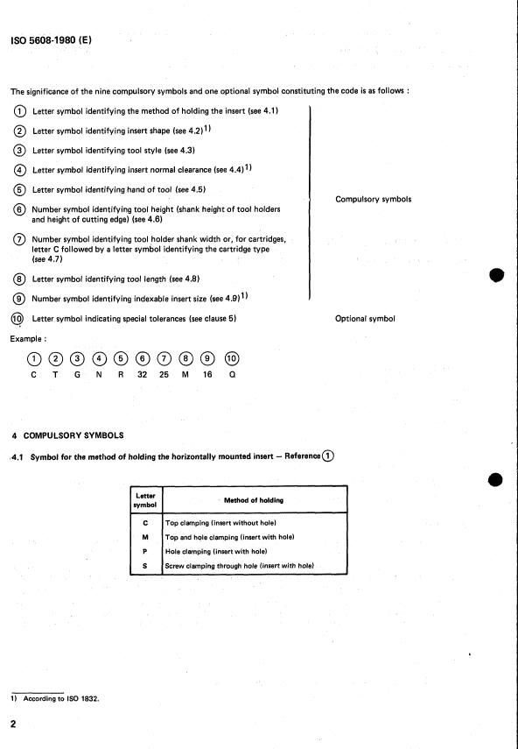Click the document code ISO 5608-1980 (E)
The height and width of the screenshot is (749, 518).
pos(51,40)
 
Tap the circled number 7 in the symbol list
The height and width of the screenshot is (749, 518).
pos(19,239)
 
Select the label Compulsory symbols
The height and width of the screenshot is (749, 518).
pos(373,199)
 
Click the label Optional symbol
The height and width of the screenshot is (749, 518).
pos(365,319)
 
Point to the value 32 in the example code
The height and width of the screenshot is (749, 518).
pos(142,375)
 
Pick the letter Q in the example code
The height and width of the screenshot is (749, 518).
pos(232,375)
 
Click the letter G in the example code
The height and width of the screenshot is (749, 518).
pos(77,375)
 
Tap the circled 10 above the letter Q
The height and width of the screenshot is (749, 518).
pos(232,358)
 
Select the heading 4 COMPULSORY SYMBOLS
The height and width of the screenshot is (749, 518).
pos(67,435)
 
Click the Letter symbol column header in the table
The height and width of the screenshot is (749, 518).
pos(145,500)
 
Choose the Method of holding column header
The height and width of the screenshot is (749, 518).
pos(254,500)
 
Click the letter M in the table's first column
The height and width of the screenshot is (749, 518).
pos(145,537)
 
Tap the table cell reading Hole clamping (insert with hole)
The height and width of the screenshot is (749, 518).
pos(216,551)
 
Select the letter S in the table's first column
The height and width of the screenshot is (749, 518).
pos(145,566)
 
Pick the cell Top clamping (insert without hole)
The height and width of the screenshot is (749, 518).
pos(220,523)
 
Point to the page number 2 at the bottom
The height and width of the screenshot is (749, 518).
pos(13,724)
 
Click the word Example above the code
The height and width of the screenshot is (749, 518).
pos(28,339)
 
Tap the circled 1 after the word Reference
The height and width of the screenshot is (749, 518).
pos(328,456)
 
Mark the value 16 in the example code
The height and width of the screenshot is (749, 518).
pos(207,375)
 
